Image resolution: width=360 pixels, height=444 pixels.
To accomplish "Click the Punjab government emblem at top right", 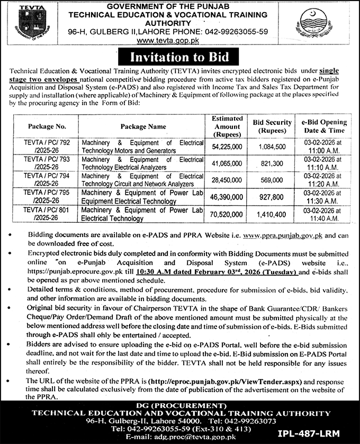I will [x=323, y=24].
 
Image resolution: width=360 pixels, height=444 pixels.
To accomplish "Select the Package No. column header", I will [x=44, y=126].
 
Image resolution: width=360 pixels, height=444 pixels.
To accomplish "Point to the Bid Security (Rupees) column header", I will [x=273, y=126].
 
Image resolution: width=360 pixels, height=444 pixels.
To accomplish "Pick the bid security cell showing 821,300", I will [x=273, y=163].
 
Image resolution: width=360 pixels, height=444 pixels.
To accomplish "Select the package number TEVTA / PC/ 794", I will [x=44, y=179].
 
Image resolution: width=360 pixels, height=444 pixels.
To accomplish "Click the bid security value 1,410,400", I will [x=273, y=214].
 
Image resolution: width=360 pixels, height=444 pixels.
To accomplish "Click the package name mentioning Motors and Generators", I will [x=142, y=147].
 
